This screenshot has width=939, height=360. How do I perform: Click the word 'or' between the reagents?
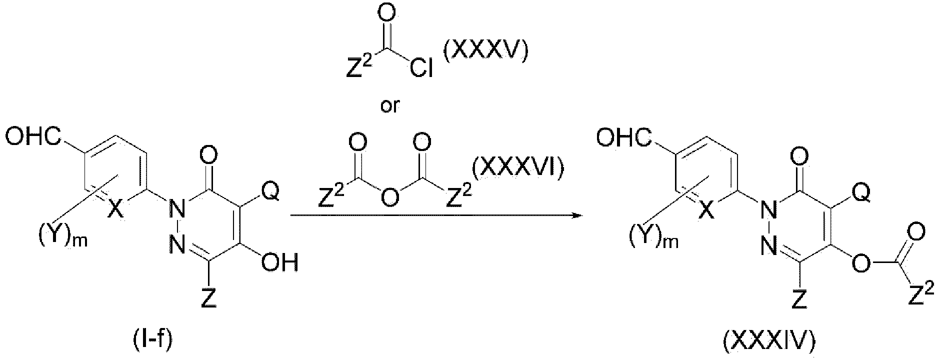tap(390, 106)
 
